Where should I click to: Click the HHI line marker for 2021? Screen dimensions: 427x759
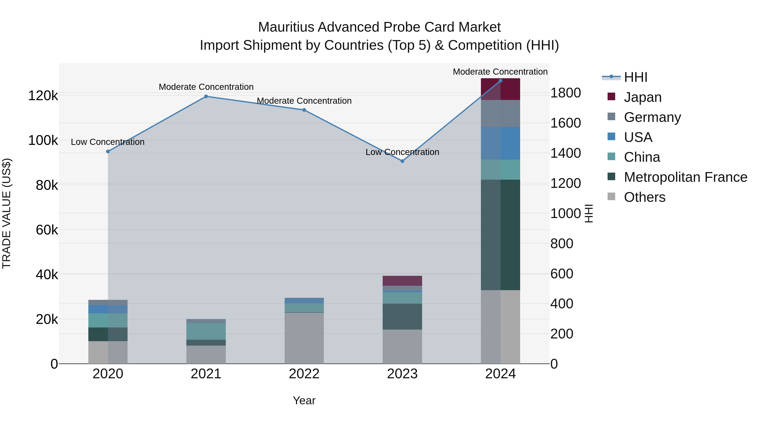(206, 96)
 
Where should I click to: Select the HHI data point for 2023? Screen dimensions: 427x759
(402, 161)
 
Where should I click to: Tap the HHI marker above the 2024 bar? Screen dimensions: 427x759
(500, 81)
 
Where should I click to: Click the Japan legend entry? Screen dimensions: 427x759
(642, 97)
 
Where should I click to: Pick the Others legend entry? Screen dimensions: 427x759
(644, 197)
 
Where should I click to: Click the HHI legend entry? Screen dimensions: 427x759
(635, 77)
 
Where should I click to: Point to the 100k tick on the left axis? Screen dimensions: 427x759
(43, 141)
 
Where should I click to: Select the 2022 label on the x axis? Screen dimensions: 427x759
(304, 374)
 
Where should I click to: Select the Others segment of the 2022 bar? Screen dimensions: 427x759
(304, 338)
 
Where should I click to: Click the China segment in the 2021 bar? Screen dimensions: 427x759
(206, 331)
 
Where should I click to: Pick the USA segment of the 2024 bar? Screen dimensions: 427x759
(500, 143)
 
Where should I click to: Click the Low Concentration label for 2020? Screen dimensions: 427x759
(108, 142)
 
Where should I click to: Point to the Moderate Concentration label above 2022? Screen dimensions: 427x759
(304, 101)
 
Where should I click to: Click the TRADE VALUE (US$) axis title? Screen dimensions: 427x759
(7, 213)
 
